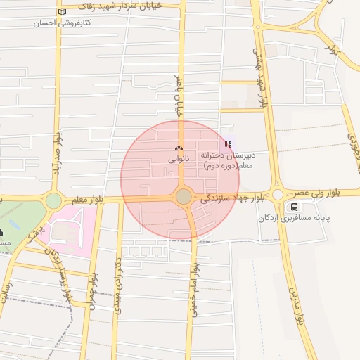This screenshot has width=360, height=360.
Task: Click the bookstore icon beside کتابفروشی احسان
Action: coord(63,12)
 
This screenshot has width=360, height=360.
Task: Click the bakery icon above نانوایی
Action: coord(178,148)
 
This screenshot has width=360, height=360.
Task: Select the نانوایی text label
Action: coord(178,160)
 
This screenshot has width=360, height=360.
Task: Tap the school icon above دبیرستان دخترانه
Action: coord(227,144)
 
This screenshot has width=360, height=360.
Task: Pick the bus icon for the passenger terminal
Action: coord(293,207)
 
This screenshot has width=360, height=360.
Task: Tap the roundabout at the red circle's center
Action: coord(184,197)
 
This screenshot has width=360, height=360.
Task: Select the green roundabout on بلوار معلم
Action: coord(53,200)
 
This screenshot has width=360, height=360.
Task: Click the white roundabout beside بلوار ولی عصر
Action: coord(278,195)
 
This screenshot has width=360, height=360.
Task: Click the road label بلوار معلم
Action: coord(87,200)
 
